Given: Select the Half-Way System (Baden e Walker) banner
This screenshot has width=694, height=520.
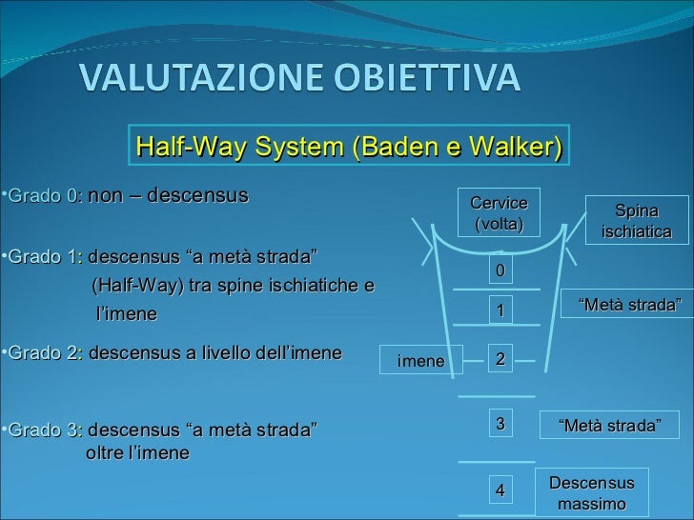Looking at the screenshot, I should point(350,148).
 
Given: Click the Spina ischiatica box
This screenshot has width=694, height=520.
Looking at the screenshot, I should point(637,221).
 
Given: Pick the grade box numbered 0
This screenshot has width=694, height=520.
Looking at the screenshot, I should point(500,271).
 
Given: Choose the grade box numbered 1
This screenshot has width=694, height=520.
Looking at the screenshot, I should point(500,311).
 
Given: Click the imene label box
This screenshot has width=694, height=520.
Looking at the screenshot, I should point(420,361).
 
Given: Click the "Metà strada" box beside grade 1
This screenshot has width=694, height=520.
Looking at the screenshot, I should point(630,306).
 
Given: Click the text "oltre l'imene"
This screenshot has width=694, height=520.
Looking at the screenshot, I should point(137,453).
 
